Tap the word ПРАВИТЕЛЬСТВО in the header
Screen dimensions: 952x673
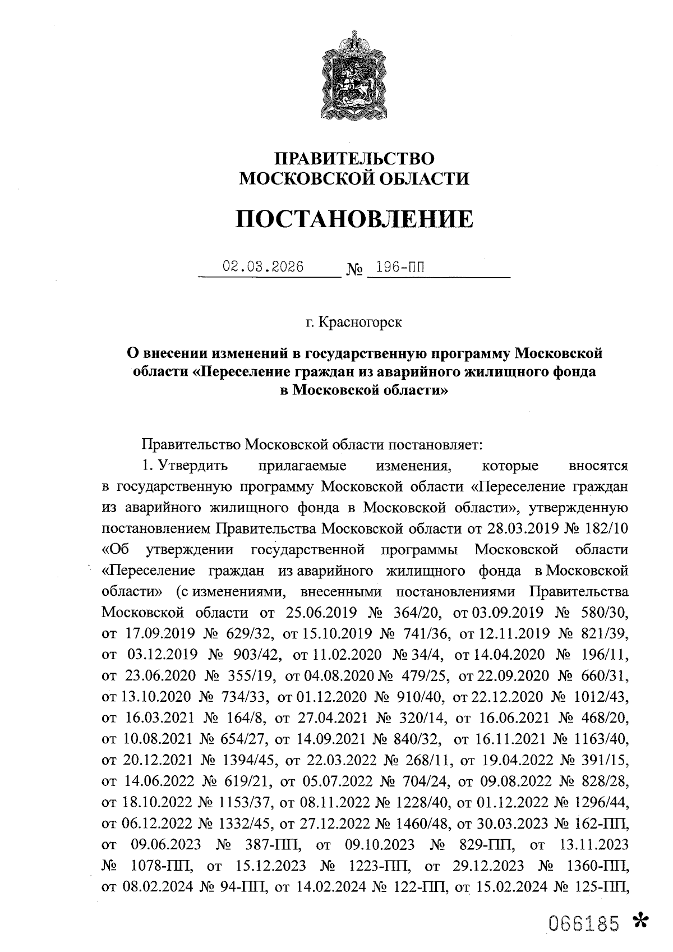pos(353,159)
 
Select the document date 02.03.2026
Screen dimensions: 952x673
pos(263,266)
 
